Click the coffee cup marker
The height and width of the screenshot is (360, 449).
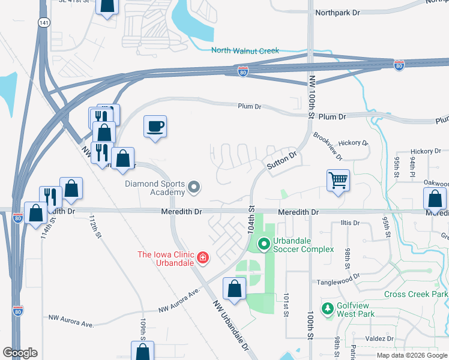(x=155, y=127)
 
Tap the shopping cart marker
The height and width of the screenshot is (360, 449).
(x=338, y=179)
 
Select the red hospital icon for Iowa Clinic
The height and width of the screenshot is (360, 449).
(x=203, y=259)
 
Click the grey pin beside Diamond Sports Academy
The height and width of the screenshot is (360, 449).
(x=194, y=188)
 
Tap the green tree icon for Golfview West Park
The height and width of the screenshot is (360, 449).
(x=327, y=308)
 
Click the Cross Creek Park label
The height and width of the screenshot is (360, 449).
(x=415, y=295)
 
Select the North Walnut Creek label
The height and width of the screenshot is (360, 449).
(x=245, y=51)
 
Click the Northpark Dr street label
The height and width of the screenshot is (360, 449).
(x=337, y=12)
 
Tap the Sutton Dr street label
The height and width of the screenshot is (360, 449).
(x=282, y=162)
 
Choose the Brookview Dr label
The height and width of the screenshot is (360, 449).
(x=327, y=147)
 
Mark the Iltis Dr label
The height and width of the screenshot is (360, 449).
(x=349, y=223)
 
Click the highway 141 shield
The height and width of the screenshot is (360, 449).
(x=43, y=22)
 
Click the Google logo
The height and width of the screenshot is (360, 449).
(x=20, y=353)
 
